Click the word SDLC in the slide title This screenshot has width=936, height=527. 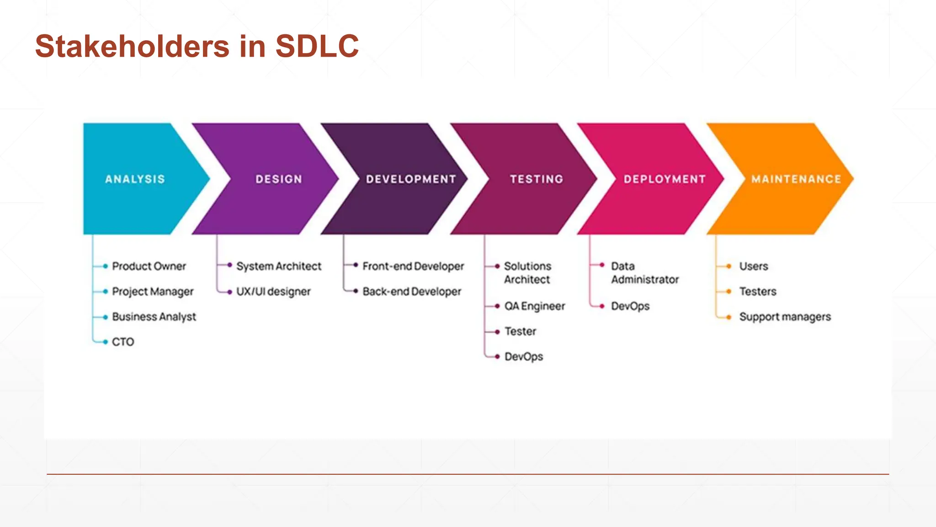(x=317, y=46)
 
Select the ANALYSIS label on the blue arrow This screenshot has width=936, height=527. (x=135, y=179)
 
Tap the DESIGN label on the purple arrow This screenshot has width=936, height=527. (x=279, y=179)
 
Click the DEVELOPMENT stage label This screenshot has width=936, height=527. (x=411, y=179)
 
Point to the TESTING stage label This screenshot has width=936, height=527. (x=537, y=179)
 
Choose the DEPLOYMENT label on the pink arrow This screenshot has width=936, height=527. (x=665, y=179)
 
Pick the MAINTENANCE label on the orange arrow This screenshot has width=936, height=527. (x=796, y=179)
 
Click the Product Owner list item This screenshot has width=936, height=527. (x=149, y=266)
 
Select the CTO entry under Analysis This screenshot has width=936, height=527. (x=123, y=342)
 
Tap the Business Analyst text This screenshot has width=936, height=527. (x=154, y=317)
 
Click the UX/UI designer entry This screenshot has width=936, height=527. (x=273, y=291)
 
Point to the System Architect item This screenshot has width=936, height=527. (x=279, y=266)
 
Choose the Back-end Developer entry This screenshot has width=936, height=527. (x=412, y=291)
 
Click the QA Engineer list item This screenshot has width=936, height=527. (x=535, y=306)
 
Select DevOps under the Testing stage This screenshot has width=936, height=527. (x=524, y=356)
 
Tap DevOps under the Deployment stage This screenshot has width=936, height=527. (x=630, y=306)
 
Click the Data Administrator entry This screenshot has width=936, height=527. (x=644, y=273)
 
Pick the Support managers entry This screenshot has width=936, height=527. (x=785, y=317)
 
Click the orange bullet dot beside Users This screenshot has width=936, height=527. (x=729, y=266)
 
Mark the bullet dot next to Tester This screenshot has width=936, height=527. (x=497, y=332)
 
